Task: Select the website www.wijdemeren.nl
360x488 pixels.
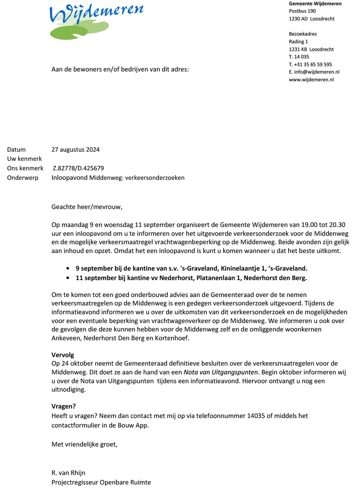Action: point(311,80)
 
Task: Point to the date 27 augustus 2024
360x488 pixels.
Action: point(75,150)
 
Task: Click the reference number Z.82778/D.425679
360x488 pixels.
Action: point(78,168)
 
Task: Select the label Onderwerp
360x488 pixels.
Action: point(22,178)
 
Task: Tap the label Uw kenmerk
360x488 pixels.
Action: point(24,159)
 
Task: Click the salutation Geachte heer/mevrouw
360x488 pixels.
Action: point(86,207)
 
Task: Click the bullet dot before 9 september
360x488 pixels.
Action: point(67,268)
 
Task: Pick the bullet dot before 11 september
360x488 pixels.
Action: point(67,278)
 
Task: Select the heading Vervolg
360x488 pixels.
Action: point(63,355)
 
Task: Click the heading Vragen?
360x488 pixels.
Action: point(63,406)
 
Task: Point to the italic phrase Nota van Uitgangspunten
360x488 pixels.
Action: point(221,372)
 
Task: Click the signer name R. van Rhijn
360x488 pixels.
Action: point(68,473)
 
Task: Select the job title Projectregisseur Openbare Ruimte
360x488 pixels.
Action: point(101,482)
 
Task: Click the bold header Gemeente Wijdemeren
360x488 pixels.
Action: point(315,4)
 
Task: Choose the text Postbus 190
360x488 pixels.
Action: point(302,11)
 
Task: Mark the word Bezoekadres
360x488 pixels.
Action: point(303,34)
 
